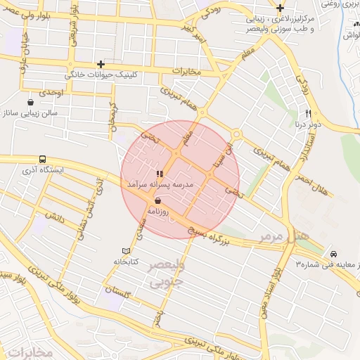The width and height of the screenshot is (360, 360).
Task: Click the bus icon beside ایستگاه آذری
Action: click(43, 160)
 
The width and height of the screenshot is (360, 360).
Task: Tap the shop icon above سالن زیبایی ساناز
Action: click(30, 103)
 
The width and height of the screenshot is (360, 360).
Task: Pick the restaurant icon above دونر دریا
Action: click(308, 113)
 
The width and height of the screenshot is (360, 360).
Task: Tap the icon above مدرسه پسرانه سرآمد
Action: click(160, 173)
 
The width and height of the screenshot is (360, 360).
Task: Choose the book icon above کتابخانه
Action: click(126, 251)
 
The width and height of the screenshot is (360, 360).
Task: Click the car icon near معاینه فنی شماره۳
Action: click(333, 253)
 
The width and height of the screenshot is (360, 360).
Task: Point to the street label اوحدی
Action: click(52, 93)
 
